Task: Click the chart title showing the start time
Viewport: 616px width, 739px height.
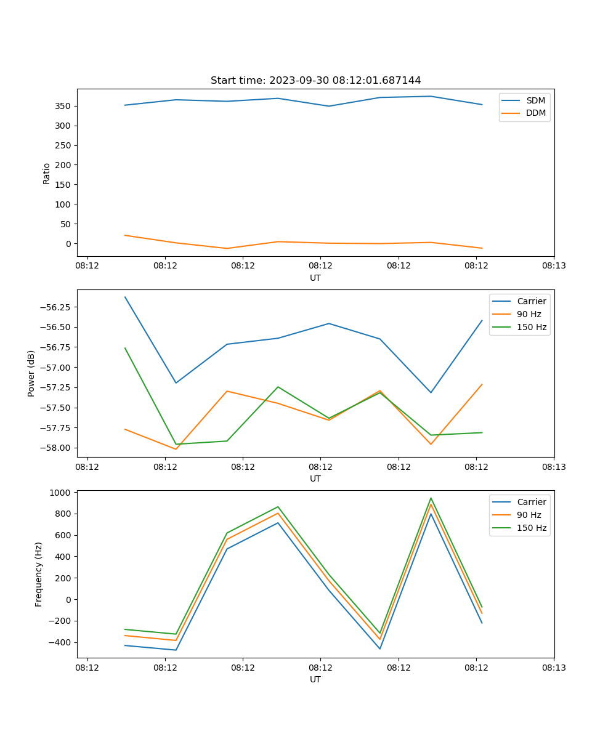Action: [315, 81]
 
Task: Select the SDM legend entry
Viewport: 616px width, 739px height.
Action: [535, 100]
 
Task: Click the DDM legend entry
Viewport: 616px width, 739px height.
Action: [535, 113]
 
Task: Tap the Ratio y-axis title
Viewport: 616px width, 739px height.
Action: [47, 173]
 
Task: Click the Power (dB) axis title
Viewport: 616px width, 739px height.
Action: [31, 373]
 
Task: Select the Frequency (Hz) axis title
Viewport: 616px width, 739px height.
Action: [39, 574]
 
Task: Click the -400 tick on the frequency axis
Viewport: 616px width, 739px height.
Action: [59, 642]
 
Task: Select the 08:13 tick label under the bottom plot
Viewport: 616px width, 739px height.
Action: [554, 668]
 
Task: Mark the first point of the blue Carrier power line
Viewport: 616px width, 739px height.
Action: [125, 297]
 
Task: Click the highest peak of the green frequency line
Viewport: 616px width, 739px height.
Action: [431, 498]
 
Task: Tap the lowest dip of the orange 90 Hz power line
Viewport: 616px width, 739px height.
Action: [176, 449]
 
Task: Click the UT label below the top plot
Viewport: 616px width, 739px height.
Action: [315, 278]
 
